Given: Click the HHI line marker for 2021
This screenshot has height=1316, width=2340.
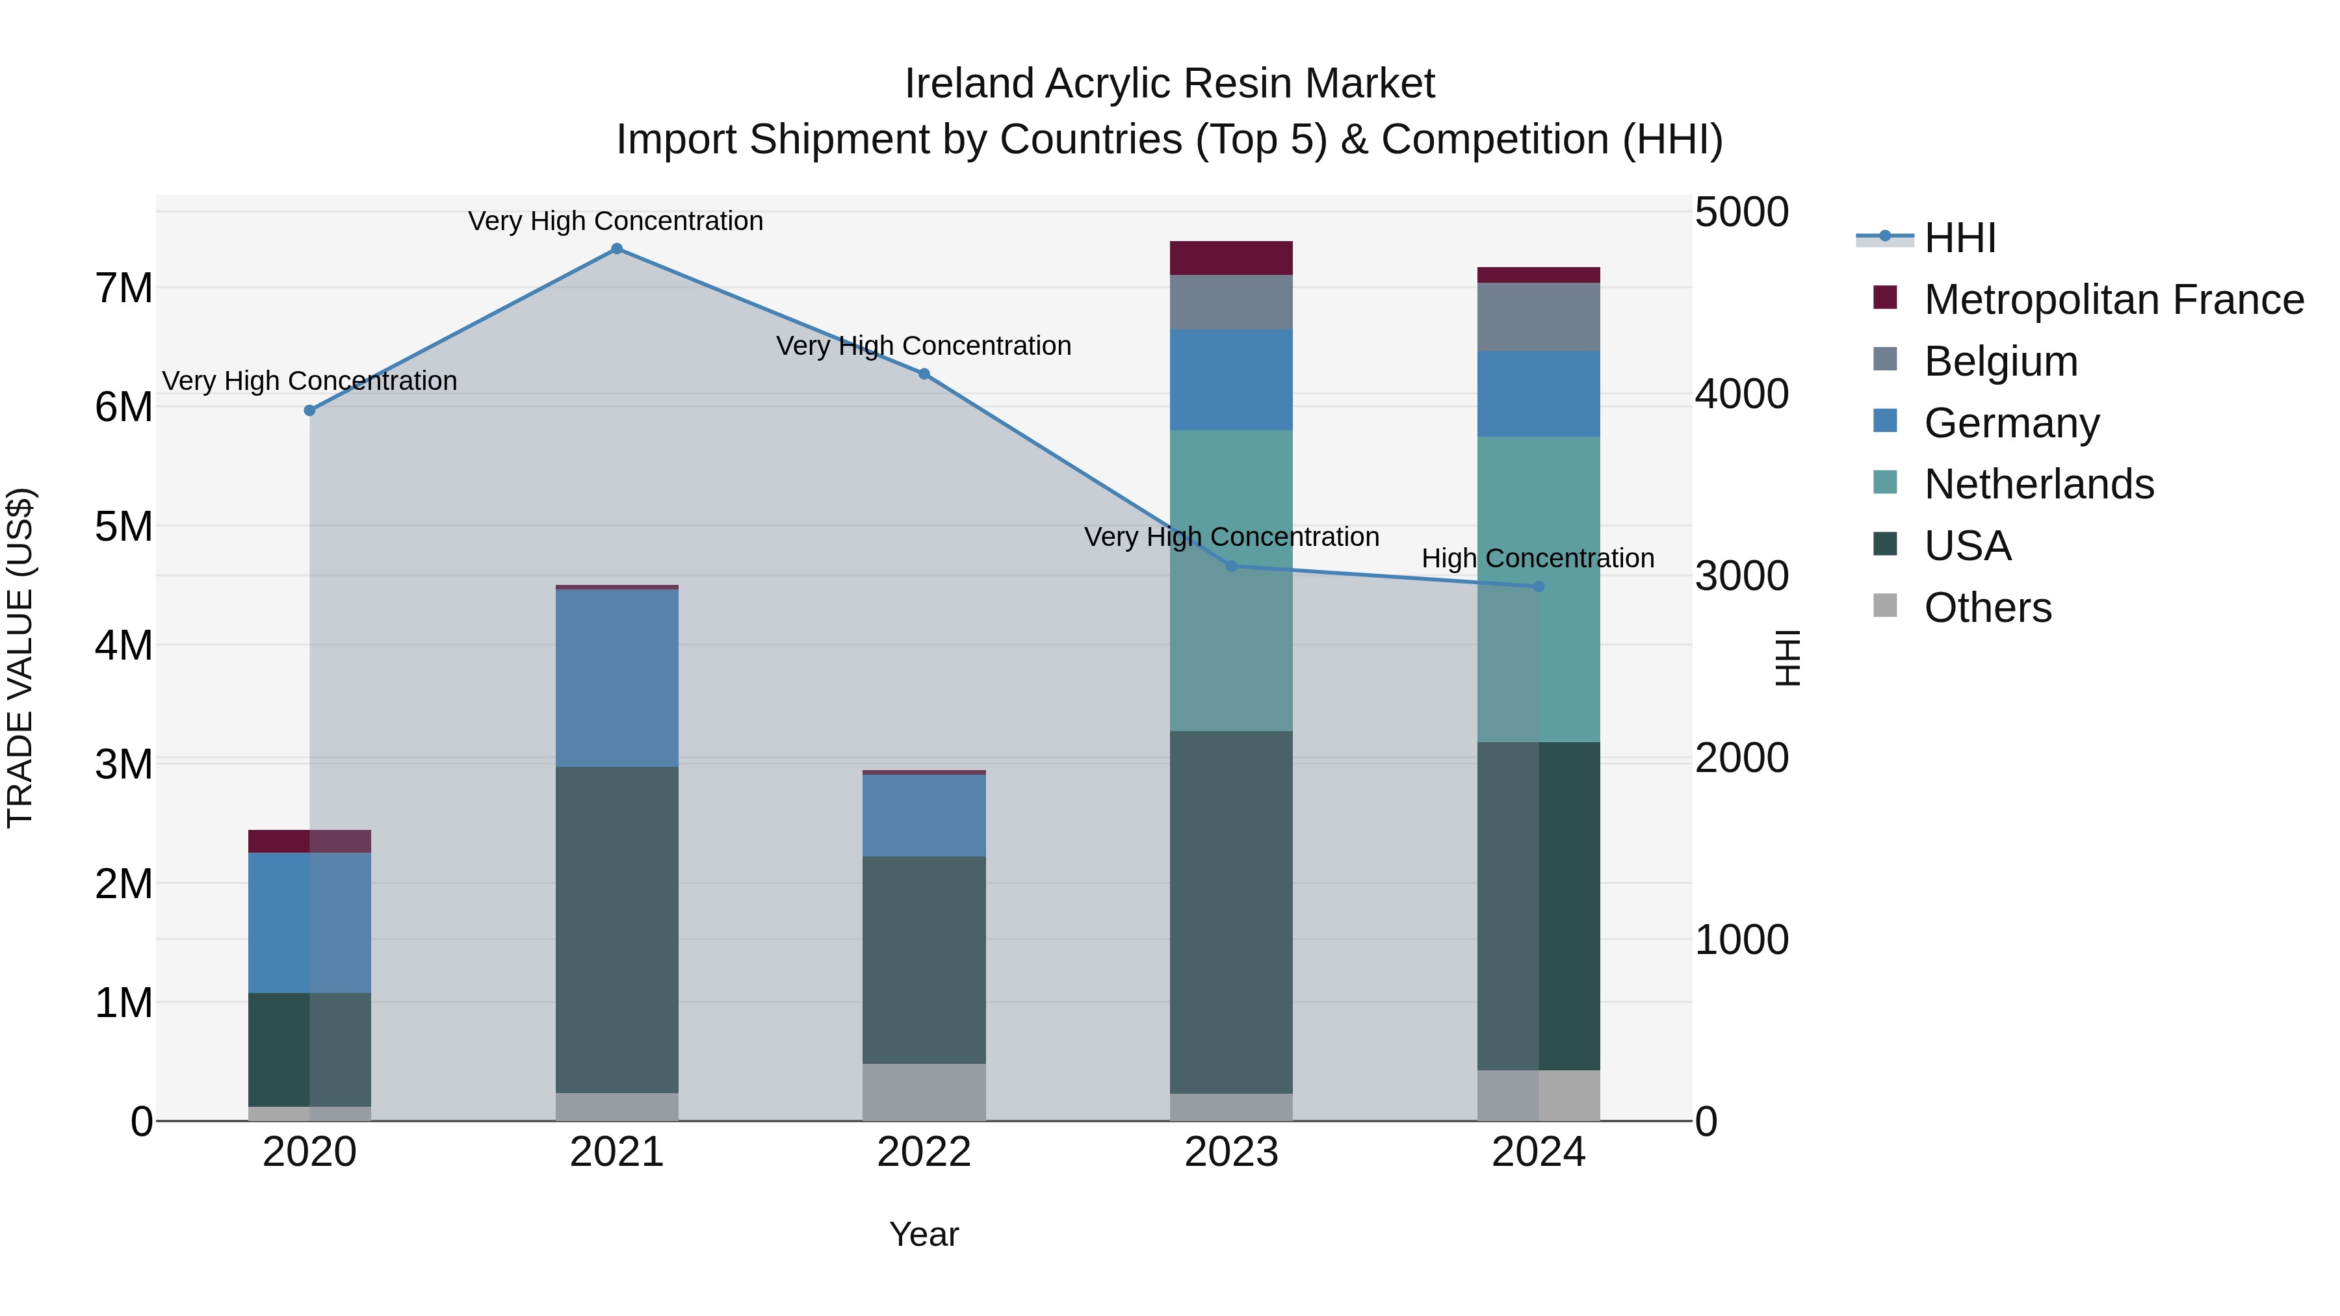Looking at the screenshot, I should pos(617,249).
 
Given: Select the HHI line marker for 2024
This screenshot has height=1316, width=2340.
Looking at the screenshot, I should pos(1539,587).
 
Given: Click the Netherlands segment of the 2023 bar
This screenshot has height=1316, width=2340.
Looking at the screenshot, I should pos(1231,581).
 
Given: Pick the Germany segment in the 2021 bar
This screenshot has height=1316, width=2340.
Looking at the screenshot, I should pos(617,678).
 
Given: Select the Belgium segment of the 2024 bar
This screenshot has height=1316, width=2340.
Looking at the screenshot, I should pos(1539,317).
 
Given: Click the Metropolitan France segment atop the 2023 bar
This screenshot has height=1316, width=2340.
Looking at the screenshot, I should pos(1231,258).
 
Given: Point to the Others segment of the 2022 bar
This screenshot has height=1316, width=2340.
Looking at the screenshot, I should pos(924,1092).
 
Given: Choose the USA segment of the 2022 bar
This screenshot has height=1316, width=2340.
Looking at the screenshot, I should pos(924,960).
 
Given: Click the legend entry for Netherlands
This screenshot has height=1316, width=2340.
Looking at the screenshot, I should pos(2038,484).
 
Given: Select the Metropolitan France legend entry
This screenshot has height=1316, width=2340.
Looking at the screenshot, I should pos(2113,300).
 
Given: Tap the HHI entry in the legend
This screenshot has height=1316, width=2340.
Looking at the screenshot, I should pos(1959,238).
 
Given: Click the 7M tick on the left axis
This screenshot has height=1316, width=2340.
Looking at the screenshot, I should pos(124,289).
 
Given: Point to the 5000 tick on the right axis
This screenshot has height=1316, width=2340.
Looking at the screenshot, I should pos(1741,213).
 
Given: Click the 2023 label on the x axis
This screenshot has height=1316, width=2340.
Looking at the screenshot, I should pos(1231,1152).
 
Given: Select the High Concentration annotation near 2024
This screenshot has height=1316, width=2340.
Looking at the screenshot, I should pos(1537,558).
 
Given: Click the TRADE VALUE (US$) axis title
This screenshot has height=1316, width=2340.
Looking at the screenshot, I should pos(20,658).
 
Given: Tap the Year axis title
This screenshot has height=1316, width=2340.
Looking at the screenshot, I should pos(924,1234).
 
